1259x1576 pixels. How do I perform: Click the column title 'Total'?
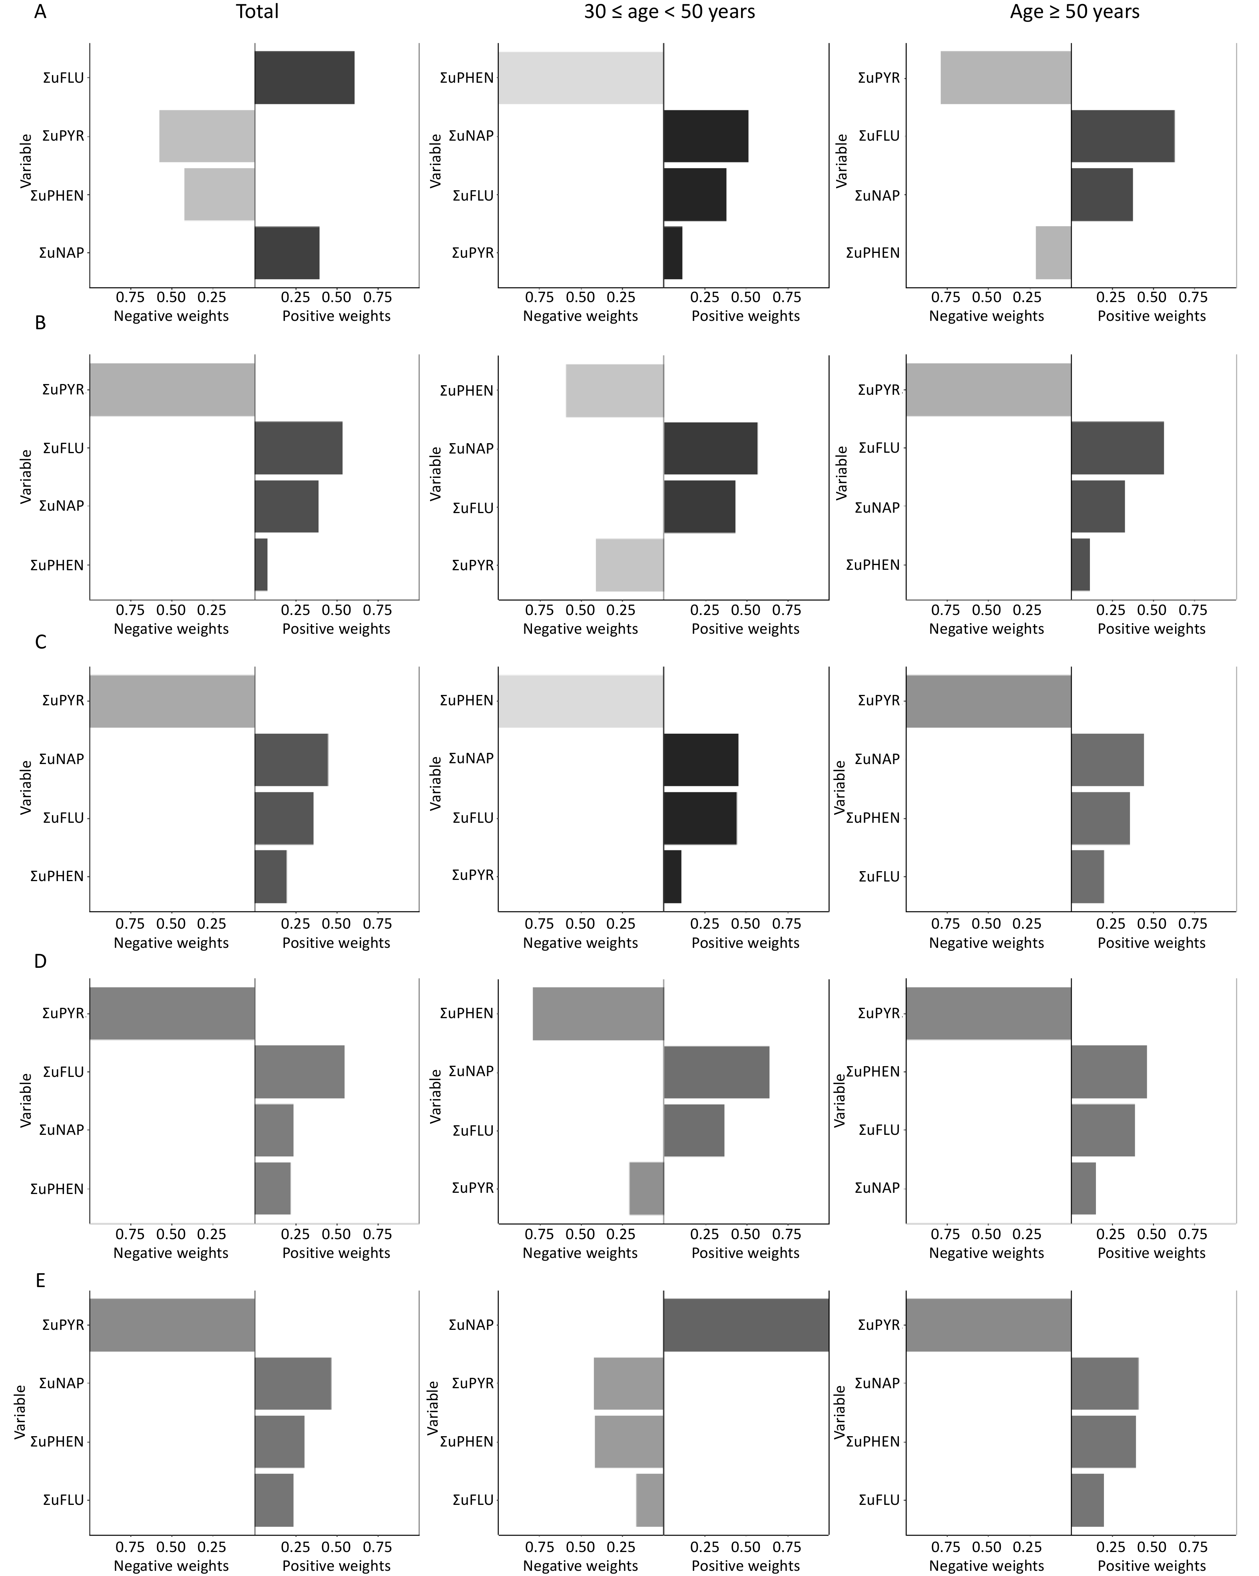pos(257,12)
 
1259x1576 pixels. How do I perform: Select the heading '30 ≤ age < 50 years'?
pos(669,12)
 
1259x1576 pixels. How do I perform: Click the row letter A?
pos(40,12)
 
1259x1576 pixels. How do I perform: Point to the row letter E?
pos(40,1280)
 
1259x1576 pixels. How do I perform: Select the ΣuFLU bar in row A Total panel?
pos(304,78)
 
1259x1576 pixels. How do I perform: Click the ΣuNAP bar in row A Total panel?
pos(287,253)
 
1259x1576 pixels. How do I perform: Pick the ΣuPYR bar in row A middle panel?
pos(673,253)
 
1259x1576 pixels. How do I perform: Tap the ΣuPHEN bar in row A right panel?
pos(1053,253)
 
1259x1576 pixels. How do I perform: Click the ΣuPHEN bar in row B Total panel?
pos(261,565)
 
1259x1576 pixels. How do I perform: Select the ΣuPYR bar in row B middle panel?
pos(629,565)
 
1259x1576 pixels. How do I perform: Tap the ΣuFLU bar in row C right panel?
pos(1087,876)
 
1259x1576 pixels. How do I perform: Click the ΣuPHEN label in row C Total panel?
pos(57,876)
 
